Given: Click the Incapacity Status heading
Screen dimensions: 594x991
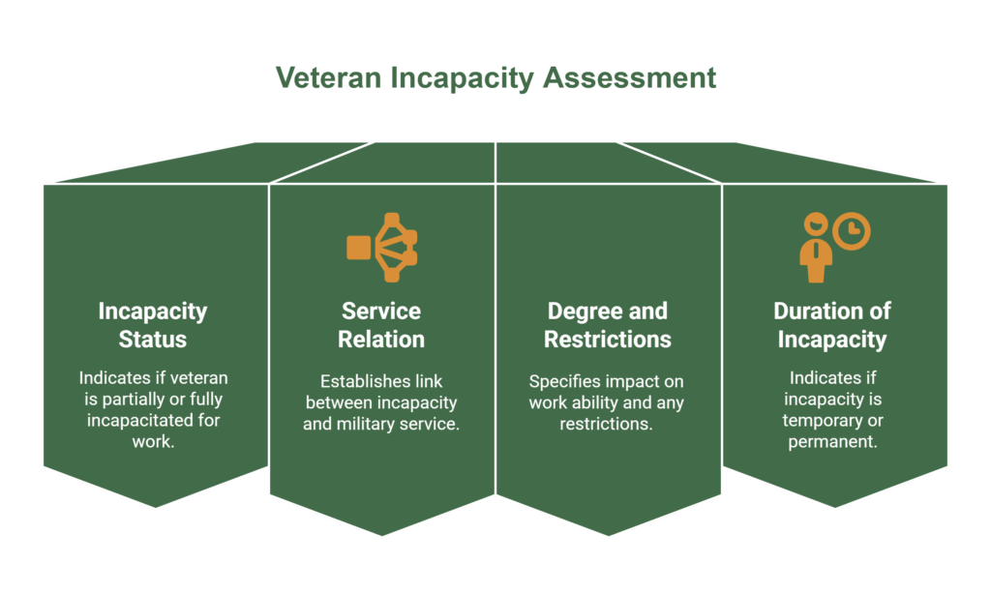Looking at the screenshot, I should point(153,325).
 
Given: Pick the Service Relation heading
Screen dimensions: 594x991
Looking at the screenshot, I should point(381,325).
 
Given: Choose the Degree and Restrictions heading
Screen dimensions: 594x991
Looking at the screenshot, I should point(608,325).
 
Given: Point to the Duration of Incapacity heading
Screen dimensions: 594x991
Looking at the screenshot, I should point(832,325).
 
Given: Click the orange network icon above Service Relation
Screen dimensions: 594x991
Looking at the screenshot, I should point(381,248).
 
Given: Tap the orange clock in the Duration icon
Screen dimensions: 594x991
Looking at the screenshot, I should point(852,231).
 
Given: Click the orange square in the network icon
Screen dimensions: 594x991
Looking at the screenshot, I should point(358,248).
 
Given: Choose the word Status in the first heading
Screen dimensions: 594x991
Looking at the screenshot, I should point(153,340).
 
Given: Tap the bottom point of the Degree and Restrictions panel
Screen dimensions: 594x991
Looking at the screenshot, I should point(609,535).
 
